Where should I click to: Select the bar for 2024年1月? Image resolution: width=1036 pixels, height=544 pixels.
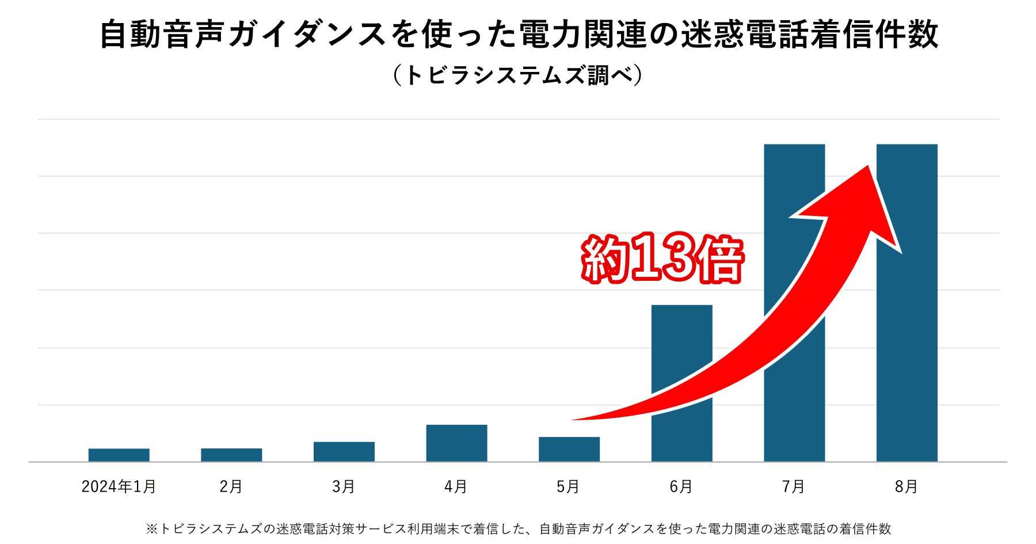pos(119,455)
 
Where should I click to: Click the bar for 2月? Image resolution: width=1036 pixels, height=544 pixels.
pos(231,455)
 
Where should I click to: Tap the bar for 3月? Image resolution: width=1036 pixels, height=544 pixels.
pos(344,451)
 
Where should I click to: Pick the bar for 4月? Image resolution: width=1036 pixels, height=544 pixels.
pos(456,443)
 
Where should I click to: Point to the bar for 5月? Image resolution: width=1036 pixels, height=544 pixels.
pos(569,449)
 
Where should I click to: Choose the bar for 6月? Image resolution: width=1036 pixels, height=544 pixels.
pos(681,345)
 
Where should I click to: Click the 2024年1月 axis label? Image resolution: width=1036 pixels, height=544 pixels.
pos(119,487)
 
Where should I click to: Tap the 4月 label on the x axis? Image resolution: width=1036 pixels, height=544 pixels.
pos(455,487)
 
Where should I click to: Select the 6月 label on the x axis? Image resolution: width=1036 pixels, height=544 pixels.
pos(680,487)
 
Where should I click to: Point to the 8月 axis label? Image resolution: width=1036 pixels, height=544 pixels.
pos(906,487)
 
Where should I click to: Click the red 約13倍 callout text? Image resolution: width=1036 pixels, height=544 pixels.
pos(662,258)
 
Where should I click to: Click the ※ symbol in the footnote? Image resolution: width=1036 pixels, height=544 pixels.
pos(151,528)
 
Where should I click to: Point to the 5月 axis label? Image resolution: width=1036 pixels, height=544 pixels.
pos(567,487)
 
